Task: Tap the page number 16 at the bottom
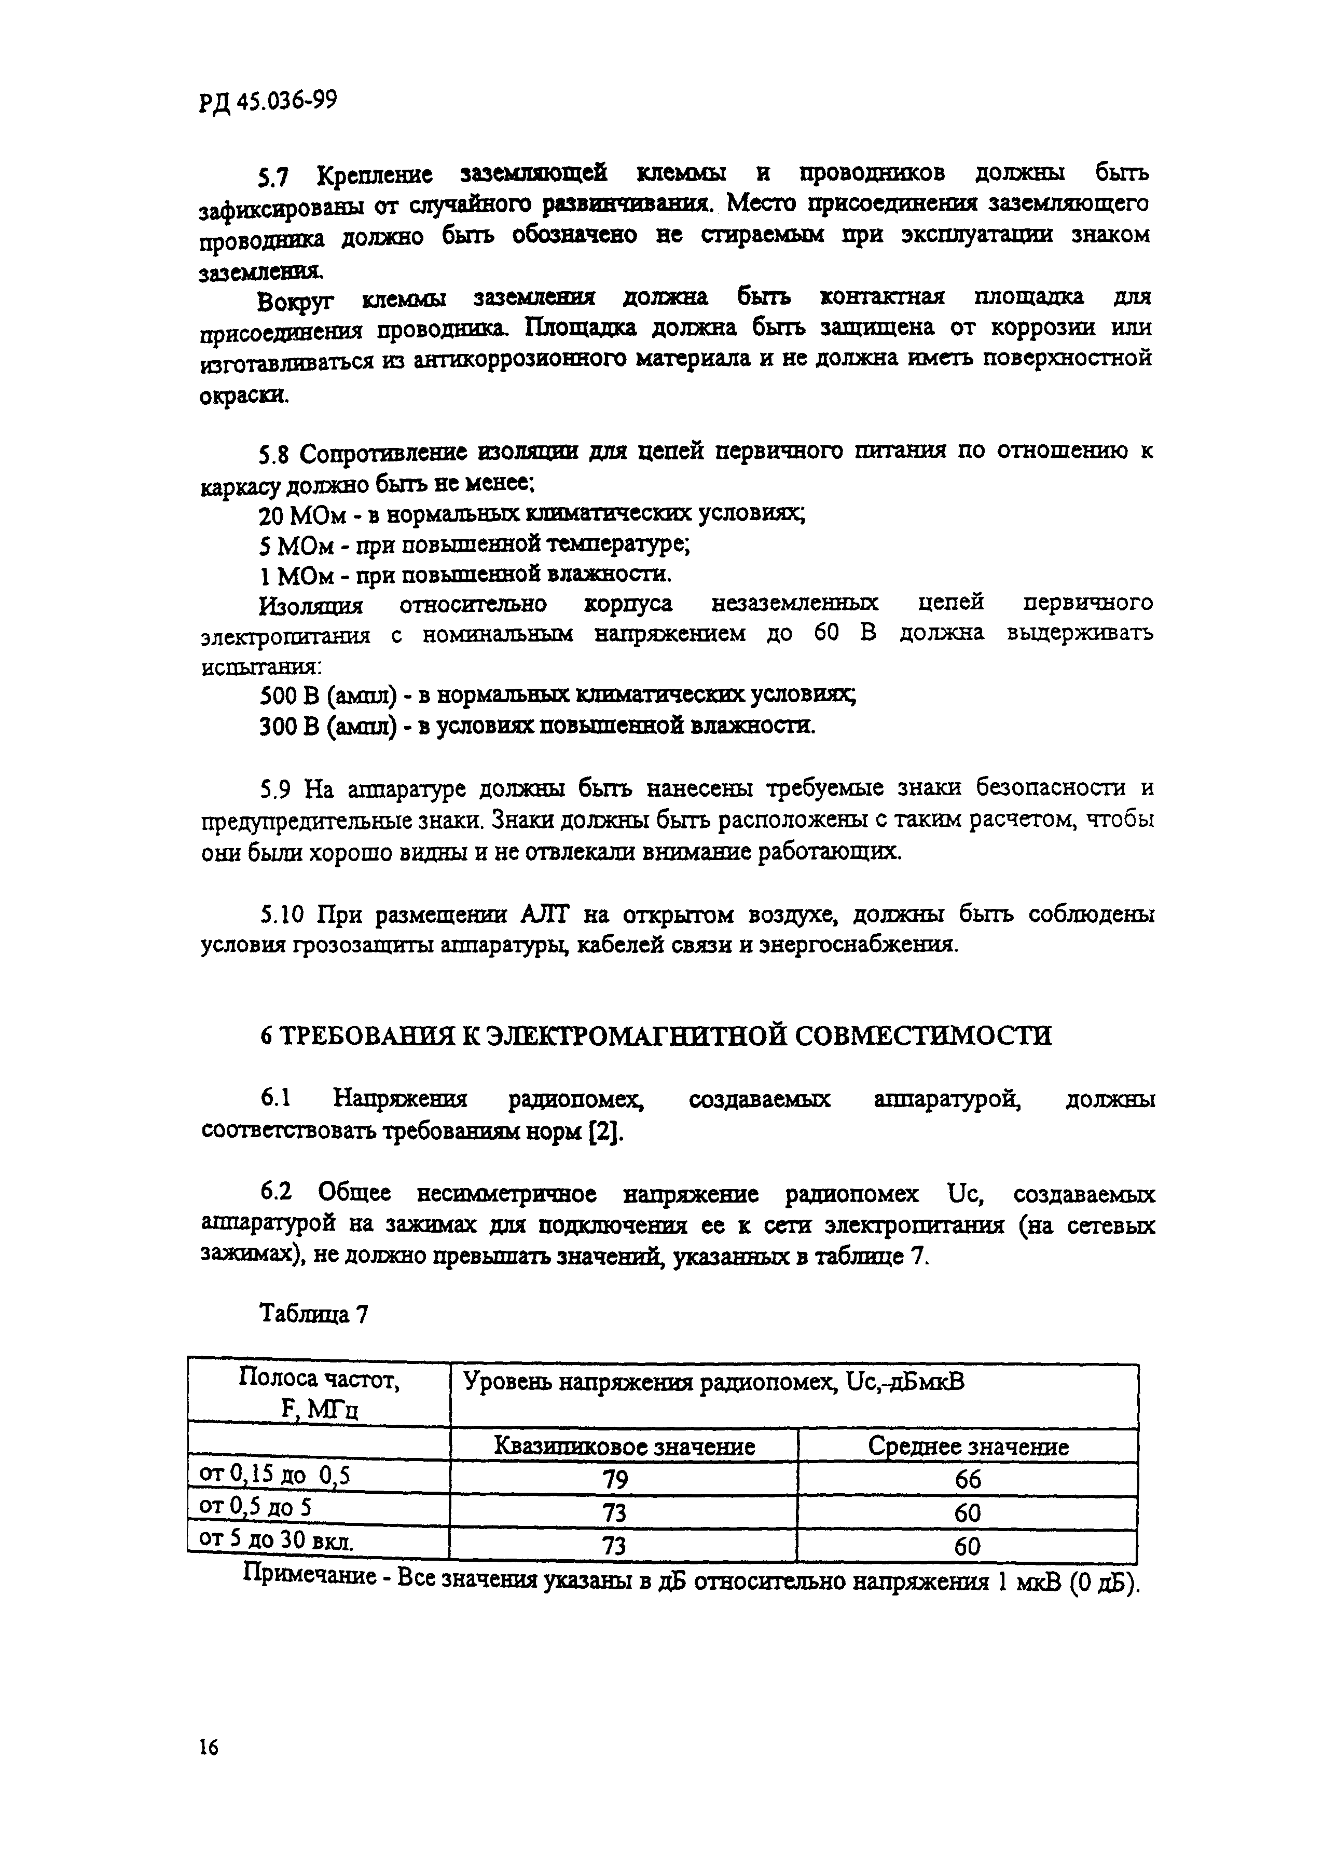coord(209,1749)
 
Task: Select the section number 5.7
coord(275,176)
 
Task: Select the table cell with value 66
coord(968,1480)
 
